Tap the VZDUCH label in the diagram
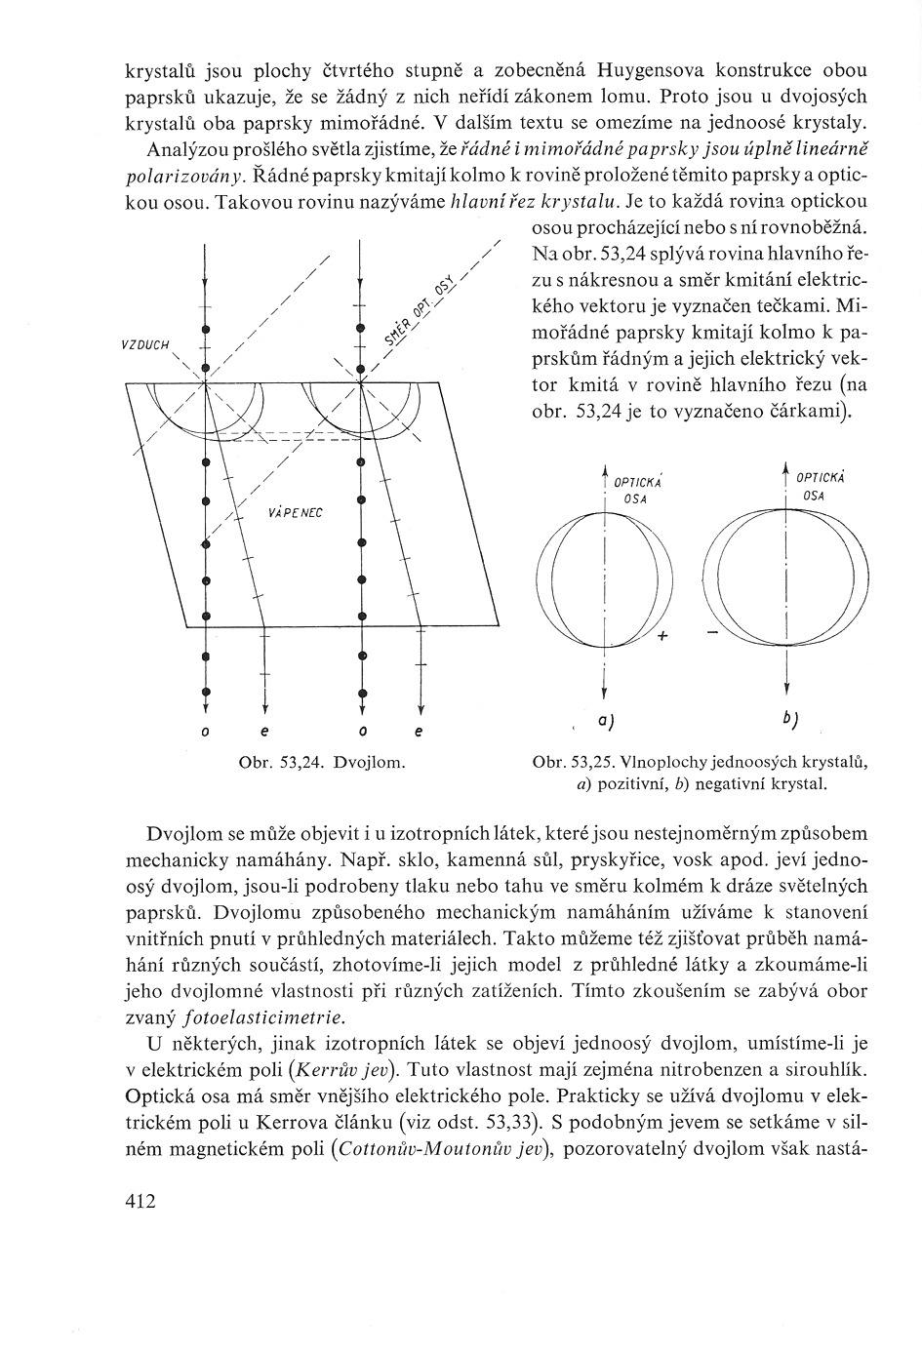[145, 344]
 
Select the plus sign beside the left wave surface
[662, 636]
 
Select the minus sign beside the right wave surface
[710, 634]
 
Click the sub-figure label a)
[606, 721]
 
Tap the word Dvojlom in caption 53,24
[370, 761]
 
